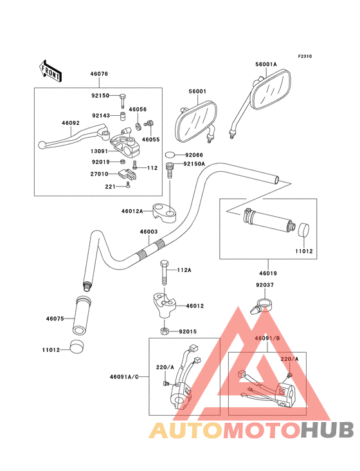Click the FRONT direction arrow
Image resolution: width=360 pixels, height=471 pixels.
pos(50,71)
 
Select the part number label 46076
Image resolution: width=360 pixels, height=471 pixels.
pos(99,73)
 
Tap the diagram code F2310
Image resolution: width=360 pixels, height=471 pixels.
pos(305,56)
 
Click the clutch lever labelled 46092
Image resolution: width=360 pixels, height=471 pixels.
pos(74,136)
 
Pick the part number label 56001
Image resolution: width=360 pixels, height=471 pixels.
pos(197,91)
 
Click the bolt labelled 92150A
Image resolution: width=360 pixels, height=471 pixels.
pos(170,171)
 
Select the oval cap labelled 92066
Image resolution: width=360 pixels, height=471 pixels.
pos(170,154)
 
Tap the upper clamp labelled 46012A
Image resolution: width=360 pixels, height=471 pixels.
pos(164,212)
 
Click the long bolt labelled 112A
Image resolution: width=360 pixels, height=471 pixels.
pos(165,273)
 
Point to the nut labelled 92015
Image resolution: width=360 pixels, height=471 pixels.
pos(164,331)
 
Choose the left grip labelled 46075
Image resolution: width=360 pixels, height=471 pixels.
pos(82,315)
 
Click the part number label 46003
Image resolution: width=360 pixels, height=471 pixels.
pos(148,232)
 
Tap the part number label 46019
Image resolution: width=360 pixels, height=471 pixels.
pos(268,273)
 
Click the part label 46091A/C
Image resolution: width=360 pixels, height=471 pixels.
pos(124,376)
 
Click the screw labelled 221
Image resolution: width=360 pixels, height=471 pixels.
pos(129,185)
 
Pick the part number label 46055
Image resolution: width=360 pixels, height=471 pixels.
pos(150,140)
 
